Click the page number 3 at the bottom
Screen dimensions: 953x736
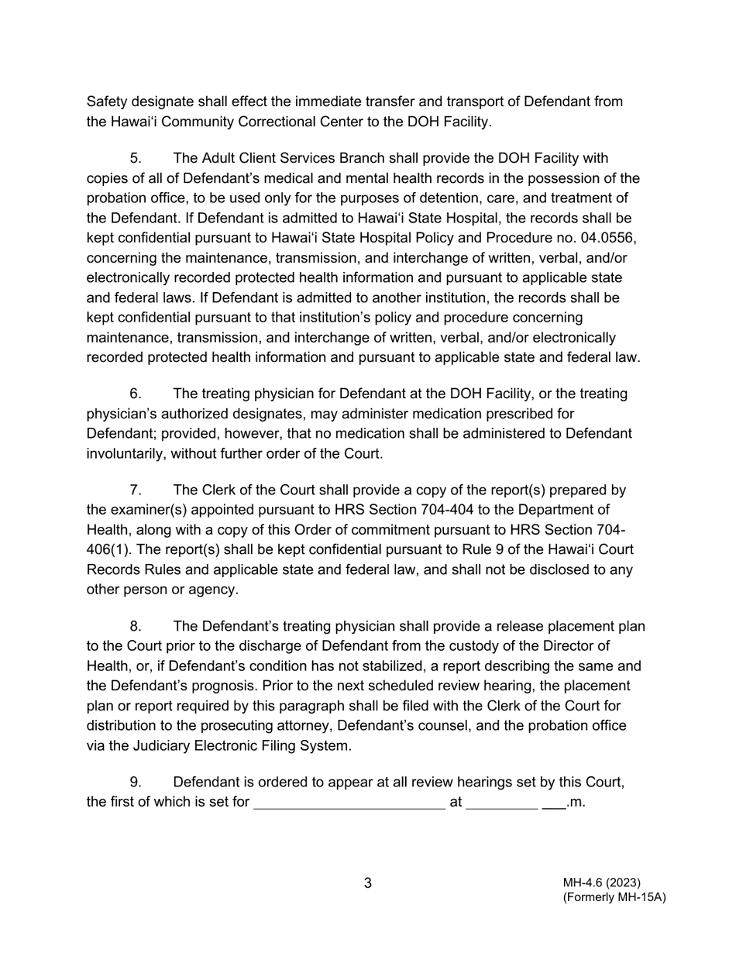tap(368, 883)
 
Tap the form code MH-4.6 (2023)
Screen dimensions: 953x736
tap(602, 882)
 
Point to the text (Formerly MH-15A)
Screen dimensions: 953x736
tap(614, 897)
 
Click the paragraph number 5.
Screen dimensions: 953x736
tap(136, 159)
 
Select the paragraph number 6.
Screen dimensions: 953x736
tap(136, 394)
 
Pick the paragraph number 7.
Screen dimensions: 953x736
tap(136, 490)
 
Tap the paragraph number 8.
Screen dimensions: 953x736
tap(136, 627)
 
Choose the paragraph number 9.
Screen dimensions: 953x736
tap(136, 783)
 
